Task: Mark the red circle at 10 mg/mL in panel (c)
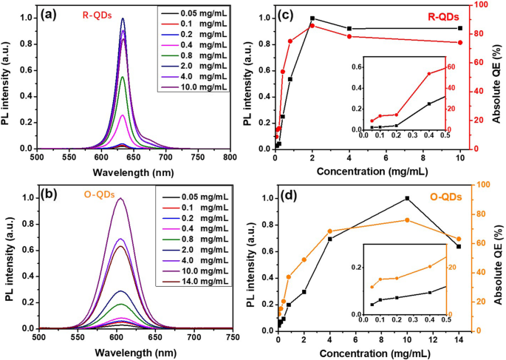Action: [460, 42]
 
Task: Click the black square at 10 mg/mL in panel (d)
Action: [407, 198]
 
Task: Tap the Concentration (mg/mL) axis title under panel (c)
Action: [368, 171]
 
